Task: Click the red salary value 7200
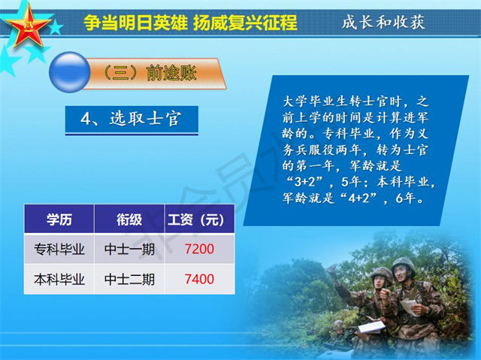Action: pos(199,249)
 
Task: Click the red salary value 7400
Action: pos(199,279)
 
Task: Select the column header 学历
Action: pos(59,219)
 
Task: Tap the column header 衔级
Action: pos(129,219)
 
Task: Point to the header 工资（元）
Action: pos(196,219)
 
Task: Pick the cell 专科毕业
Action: pos(59,249)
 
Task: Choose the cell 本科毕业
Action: pos(59,280)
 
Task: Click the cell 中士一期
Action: pos(129,249)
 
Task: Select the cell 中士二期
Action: pos(129,280)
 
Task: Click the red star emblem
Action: pos(28,26)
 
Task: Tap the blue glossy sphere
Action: pos(70,72)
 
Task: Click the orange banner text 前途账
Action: pos(171,73)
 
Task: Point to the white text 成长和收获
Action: pos(383,22)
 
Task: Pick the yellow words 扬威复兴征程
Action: pos(245,22)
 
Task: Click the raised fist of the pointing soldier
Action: pos(331,271)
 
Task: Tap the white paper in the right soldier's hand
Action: pos(410,307)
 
